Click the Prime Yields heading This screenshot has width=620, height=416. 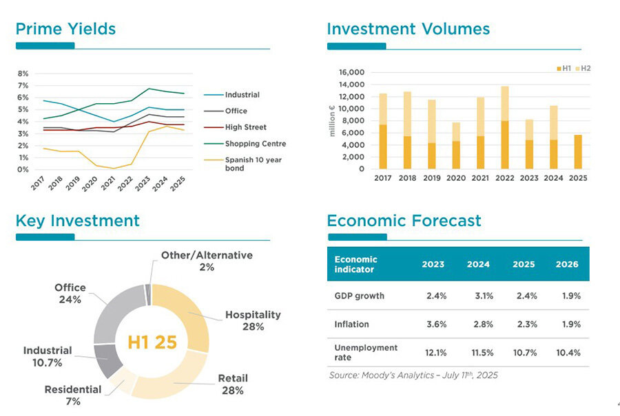pos(65,29)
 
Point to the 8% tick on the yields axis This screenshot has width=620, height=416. pos(23,74)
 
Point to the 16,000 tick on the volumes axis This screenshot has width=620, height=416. pos(351,72)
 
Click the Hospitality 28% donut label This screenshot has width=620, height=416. pos(253,320)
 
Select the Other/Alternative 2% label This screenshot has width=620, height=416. pos(207,261)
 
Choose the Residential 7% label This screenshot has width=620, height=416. pos(72,395)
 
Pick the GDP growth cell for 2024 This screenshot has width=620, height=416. pos(479,296)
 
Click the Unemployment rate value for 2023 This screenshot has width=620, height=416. pos(433,353)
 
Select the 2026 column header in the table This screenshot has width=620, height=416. pos(568,264)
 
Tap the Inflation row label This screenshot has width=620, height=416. pos(352,324)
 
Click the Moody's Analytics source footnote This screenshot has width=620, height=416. pos(413,375)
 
